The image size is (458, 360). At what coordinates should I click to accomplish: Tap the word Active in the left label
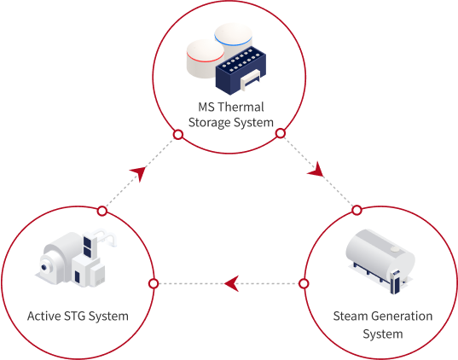point(43,316)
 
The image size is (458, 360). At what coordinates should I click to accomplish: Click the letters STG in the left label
point(75,316)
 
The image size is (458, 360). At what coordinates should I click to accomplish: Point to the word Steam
point(351,316)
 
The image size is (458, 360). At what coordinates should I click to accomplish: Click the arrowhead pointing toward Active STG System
point(232,283)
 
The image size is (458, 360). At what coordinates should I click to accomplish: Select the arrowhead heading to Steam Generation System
point(316,170)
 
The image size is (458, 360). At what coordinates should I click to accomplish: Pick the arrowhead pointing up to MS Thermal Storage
point(138,173)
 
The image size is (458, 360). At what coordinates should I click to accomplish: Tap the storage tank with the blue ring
point(234,38)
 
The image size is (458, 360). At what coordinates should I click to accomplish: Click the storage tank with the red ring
point(206,59)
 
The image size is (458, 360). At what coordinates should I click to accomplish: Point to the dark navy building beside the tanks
point(241,71)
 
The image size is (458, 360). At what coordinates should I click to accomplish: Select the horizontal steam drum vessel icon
point(380,261)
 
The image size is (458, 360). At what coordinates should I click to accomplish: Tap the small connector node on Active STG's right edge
point(154,283)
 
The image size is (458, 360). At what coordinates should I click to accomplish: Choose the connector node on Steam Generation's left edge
point(304,283)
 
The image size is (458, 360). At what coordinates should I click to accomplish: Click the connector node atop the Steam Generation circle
point(357,210)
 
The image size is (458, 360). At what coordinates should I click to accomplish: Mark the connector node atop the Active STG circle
point(102,211)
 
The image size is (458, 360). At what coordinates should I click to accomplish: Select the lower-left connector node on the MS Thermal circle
point(178,135)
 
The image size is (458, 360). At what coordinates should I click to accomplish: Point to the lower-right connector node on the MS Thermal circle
point(281,134)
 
